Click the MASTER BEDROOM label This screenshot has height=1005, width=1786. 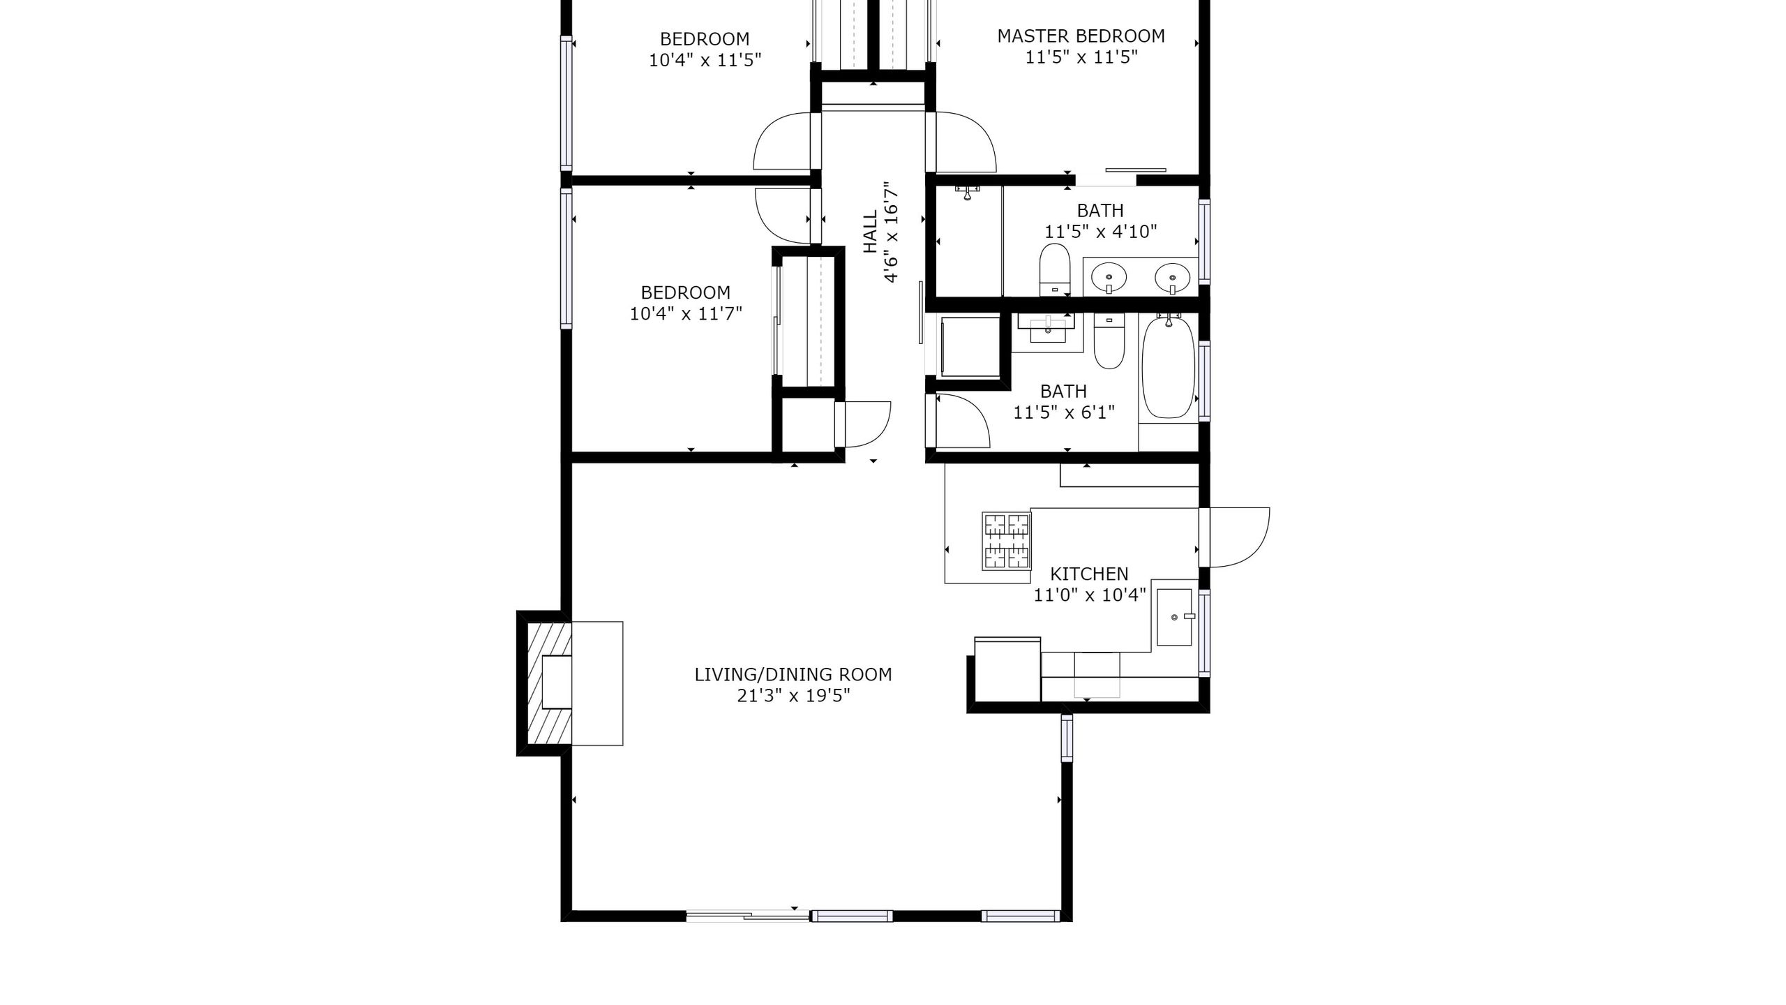click(1081, 36)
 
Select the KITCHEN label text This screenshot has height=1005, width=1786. click(1089, 574)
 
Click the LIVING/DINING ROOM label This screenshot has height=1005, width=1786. click(793, 674)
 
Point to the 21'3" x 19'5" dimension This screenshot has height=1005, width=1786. click(793, 696)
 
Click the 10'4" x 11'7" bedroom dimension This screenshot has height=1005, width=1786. click(686, 314)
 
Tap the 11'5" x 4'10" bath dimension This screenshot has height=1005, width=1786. click(1100, 232)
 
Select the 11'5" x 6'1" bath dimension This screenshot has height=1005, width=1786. click(1063, 412)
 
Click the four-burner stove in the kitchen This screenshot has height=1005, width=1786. click(1006, 542)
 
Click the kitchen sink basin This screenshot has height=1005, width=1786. click(1175, 618)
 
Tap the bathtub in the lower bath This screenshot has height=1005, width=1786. click(1168, 368)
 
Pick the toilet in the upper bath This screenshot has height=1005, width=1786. click(1055, 269)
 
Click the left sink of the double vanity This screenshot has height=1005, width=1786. click(1109, 277)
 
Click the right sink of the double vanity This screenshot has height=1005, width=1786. click(1172, 277)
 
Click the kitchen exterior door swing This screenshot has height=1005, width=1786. click(1238, 537)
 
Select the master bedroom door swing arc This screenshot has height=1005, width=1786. click(964, 142)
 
